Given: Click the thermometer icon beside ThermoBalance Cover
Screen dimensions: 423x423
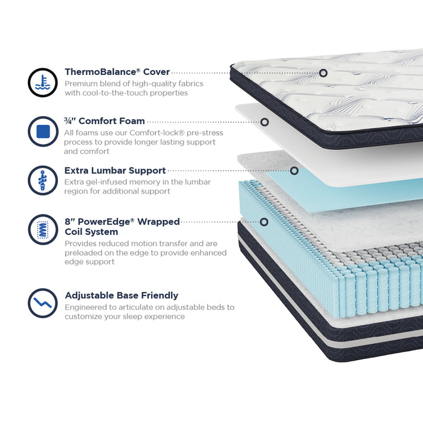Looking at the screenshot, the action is pyautogui.click(x=43, y=83).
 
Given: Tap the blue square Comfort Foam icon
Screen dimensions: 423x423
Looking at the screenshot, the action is pyautogui.click(x=43, y=131).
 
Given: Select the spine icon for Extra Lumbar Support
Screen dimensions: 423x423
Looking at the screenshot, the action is pyautogui.click(x=43, y=181).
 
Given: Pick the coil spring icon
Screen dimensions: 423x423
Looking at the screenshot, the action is pyautogui.click(x=43, y=230).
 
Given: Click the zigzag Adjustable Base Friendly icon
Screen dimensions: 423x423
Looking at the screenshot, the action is pyautogui.click(x=43, y=303).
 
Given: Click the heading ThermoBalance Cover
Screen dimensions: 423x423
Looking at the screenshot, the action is pyautogui.click(x=117, y=72).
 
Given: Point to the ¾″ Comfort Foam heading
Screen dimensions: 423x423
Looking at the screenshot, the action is pyautogui.click(x=105, y=121).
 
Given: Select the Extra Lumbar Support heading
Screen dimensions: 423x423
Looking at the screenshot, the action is pyautogui.click(x=115, y=170).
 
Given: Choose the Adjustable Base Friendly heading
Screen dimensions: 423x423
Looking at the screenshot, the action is pyautogui.click(x=121, y=295).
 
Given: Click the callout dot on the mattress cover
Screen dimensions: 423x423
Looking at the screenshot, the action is pyautogui.click(x=323, y=73).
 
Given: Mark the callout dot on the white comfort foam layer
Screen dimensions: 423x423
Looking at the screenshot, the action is pyautogui.click(x=265, y=122).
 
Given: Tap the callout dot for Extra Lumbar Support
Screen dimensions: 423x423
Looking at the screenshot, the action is pyautogui.click(x=294, y=170).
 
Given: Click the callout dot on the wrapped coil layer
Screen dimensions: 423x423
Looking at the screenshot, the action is pyautogui.click(x=264, y=222).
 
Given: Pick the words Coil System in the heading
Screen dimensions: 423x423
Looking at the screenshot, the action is pyautogui.click(x=91, y=231).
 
